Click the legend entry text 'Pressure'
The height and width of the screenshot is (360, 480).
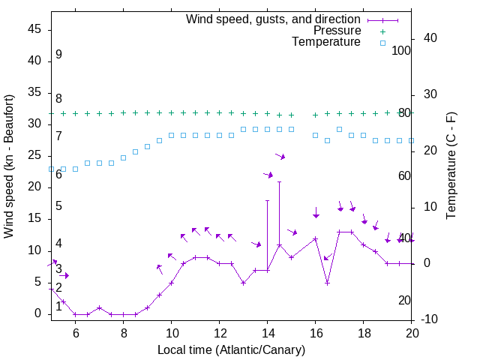point(337,31)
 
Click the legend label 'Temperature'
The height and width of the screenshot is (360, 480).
point(326,42)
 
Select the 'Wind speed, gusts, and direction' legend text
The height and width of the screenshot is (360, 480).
point(274,19)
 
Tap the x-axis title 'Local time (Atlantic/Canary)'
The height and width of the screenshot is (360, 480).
point(232,350)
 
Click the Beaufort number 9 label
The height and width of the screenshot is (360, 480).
point(58,55)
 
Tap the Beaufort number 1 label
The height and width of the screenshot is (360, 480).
point(58,307)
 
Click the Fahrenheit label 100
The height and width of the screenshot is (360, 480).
point(402,50)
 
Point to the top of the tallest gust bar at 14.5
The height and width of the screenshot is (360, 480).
point(280,181)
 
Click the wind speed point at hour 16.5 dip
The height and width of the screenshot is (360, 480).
point(328,283)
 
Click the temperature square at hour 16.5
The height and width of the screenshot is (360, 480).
point(328,140)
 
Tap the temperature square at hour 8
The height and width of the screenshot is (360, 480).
point(124,157)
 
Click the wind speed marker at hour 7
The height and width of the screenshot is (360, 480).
point(100,307)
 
